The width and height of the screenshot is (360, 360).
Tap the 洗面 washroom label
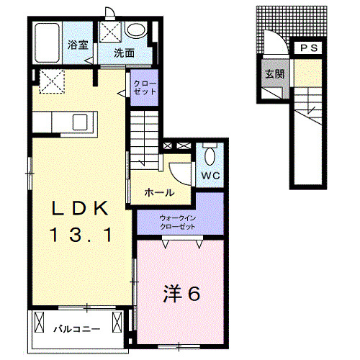click(x=124, y=52)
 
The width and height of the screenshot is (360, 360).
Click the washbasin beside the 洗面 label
click(x=136, y=30)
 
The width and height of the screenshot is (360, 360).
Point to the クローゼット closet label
click(x=140, y=88)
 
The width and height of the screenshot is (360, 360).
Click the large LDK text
click(x=79, y=209)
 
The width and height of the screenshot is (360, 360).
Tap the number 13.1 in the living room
click(x=79, y=234)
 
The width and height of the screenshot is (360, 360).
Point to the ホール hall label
click(x=157, y=192)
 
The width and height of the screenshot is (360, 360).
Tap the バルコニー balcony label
click(x=76, y=329)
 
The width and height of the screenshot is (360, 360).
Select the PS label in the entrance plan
click(x=310, y=48)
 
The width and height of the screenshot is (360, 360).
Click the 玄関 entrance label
click(x=274, y=73)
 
